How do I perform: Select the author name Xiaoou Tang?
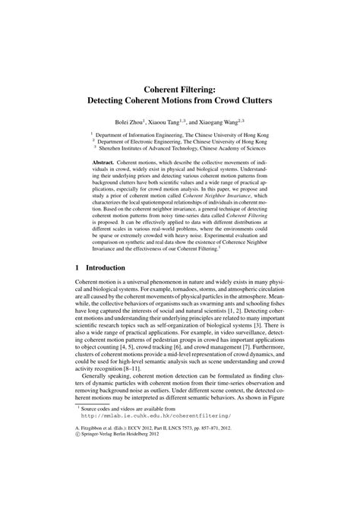point(164,121)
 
